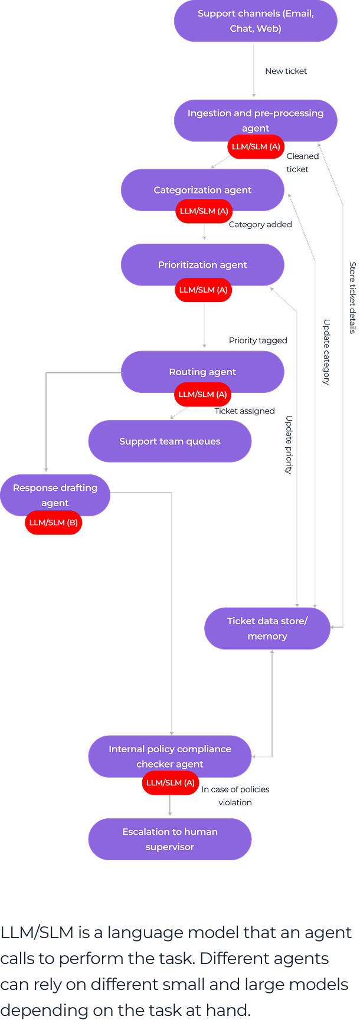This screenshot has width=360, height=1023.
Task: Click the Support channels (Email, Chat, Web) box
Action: [256, 21]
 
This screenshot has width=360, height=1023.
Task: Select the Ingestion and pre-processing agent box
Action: [256, 120]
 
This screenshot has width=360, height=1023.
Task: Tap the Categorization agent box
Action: [202, 189]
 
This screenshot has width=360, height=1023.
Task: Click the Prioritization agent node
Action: [202, 264]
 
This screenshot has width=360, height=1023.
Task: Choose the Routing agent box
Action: [202, 372]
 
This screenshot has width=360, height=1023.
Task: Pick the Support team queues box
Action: [170, 441]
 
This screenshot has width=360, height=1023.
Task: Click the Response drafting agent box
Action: [55, 495]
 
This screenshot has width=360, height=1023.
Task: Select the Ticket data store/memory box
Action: [267, 628]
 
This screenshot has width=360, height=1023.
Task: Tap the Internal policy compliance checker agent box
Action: [170, 756]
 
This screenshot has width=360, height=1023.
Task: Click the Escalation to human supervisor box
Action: [170, 839]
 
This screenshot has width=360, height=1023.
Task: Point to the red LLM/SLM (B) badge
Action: [53, 523]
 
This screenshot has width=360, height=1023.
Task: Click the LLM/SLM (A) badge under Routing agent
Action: [202, 394]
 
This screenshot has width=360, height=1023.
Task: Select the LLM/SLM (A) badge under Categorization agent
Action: [204, 211]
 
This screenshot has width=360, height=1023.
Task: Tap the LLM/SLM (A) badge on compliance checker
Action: [170, 783]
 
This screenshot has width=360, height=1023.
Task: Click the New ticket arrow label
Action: [286, 71]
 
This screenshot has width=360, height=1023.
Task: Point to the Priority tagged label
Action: [258, 340]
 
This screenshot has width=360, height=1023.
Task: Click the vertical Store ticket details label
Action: [352, 298]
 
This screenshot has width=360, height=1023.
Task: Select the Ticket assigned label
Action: [244, 411]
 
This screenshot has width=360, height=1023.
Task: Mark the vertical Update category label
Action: [326, 352]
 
